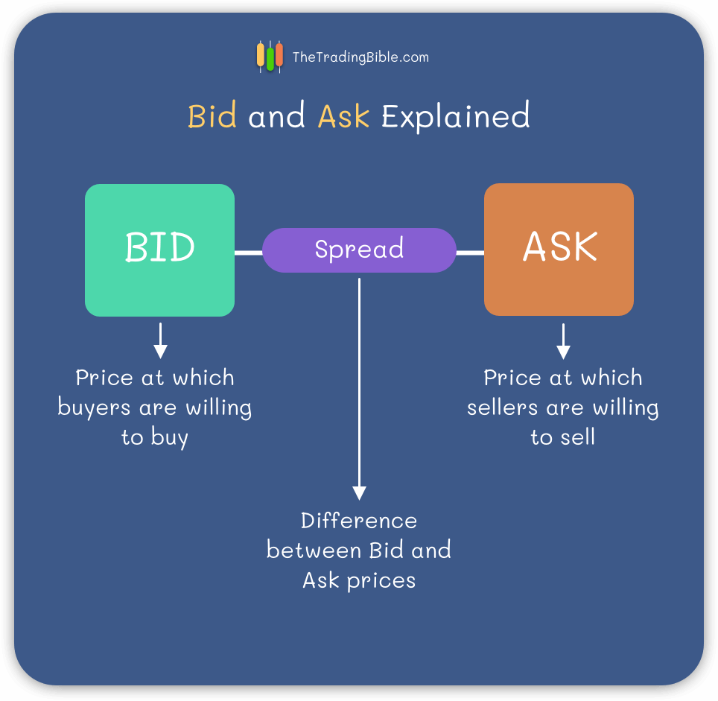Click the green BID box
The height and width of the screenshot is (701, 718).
tap(160, 250)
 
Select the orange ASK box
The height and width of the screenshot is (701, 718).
tap(559, 250)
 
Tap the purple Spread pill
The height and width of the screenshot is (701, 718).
tap(359, 250)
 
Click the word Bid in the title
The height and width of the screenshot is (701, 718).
tap(212, 115)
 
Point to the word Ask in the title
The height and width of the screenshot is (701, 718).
tap(343, 116)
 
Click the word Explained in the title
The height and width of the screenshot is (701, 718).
tap(456, 116)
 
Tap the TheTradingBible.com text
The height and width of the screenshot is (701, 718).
tap(360, 57)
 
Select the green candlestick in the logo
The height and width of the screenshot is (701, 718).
tap(270, 57)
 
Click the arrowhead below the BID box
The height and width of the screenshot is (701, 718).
tap(160, 352)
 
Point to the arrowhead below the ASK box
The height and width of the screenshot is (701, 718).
tap(563, 352)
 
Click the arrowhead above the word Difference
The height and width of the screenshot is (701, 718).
tap(360, 493)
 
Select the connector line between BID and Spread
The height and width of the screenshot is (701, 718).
tap(249, 253)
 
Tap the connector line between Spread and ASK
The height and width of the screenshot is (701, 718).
tap(470, 253)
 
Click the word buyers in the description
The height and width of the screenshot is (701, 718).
tap(95, 407)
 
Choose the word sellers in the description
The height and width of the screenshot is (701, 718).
tap(502, 407)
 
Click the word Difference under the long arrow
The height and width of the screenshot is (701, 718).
tap(359, 521)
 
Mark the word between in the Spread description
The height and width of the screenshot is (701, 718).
tap(314, 550)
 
